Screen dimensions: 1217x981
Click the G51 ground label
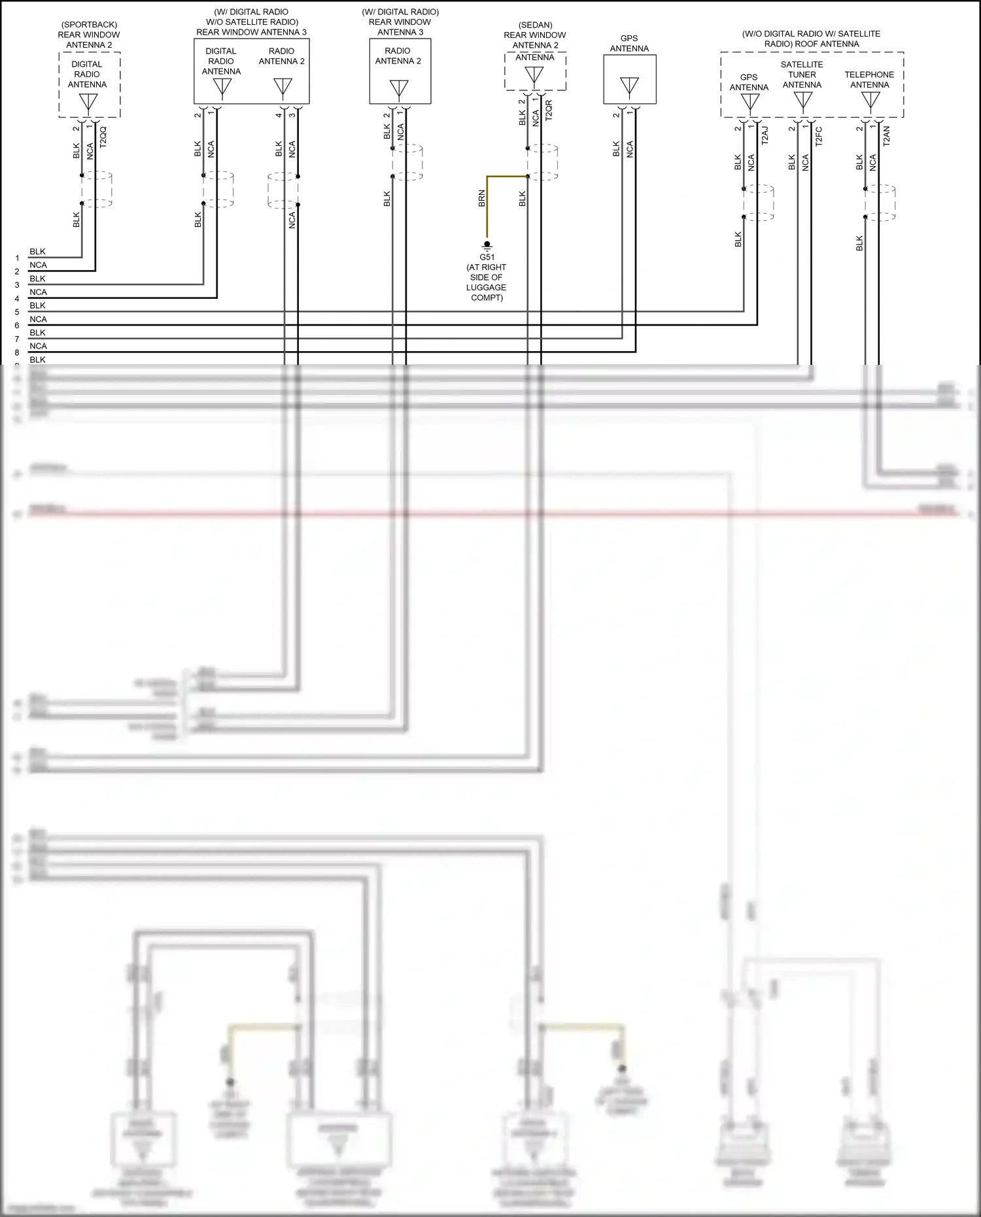(x=487, y=257)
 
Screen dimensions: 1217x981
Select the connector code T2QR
(x=549, y=111)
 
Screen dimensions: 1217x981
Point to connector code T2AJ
(x=765, y=135)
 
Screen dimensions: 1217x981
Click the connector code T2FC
(x=819, y=135)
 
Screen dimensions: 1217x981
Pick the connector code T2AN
(x=887, y=135)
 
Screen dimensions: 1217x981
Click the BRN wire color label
(x=482, y=199)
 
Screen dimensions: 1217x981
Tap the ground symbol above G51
(x=487, y=247)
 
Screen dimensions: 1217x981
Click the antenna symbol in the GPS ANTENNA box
(x=629, y=86)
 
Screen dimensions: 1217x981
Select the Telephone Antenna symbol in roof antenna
(x=870, y=100)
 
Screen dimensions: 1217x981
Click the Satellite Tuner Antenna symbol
(x=802, y=100)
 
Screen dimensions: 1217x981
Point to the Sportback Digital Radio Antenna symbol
(x=88, y=102)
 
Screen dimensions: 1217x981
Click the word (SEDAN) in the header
(x=535, y=25)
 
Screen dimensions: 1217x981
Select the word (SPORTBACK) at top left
(x=89, y=25)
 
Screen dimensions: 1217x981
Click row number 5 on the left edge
(x=17, y=312)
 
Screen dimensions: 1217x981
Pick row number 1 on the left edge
(x=17, y=258)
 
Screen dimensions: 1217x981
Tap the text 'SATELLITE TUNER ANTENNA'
(x=802, y=75)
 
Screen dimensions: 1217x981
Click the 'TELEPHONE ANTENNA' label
(x=869, y=79)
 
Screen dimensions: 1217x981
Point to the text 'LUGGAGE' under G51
(x=486, y=287)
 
